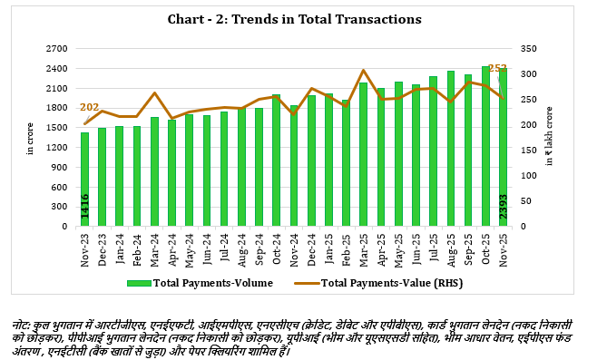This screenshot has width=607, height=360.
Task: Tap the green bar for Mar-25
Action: pyautogui.click(x=363, y=154)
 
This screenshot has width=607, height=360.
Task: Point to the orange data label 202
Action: pyautogui.click(x=89, y=108)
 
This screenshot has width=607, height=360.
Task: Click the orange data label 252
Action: pyautogui.click(x=497, y=68)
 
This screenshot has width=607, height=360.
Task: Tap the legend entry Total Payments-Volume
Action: pyautogui.click(x=204, y=284)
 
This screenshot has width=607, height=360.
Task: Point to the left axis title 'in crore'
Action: pyautogui.click(x=30, y=138)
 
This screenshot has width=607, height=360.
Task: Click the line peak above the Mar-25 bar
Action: pyautogui.click(x=363, y=70)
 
